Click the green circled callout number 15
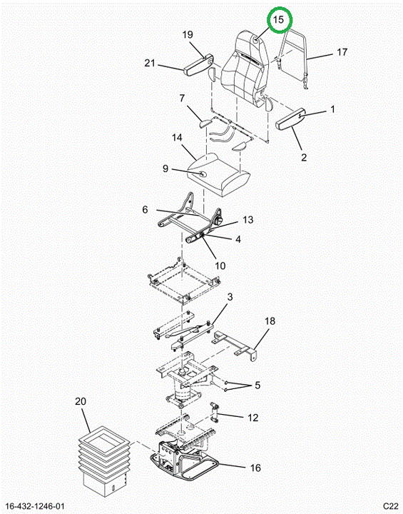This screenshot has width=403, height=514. pos(278,20)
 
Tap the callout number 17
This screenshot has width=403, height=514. pos(342,52)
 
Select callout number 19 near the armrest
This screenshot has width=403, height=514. pos(188,35)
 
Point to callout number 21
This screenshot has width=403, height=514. pos(150,63)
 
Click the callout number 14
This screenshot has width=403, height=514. pos(177,138)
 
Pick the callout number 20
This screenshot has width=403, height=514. pos(81,401)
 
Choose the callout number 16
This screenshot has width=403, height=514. pos(255,468)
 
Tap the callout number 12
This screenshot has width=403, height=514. pos(253,418)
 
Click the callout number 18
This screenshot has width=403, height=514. pos(270,321)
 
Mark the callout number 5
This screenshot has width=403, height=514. pos(257,385)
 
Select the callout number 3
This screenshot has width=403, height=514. pos(230,297)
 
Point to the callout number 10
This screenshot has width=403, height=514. pos(220,266)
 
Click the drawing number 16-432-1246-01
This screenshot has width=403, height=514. pos(35,506)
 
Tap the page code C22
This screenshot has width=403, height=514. pos(391,506)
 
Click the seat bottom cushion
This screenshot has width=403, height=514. pos(218,174)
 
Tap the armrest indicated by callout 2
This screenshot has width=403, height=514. pos(292,120)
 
